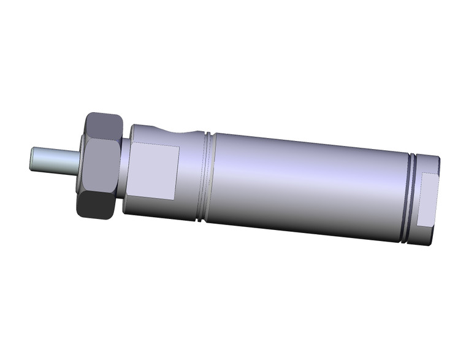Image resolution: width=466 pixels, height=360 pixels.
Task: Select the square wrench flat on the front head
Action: coord(156,171)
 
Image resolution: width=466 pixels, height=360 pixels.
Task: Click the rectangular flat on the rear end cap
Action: coord(427,200)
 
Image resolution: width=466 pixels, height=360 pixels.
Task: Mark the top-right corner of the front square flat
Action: coord(178,147)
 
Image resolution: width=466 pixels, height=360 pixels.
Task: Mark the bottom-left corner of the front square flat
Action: coord(133,197)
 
